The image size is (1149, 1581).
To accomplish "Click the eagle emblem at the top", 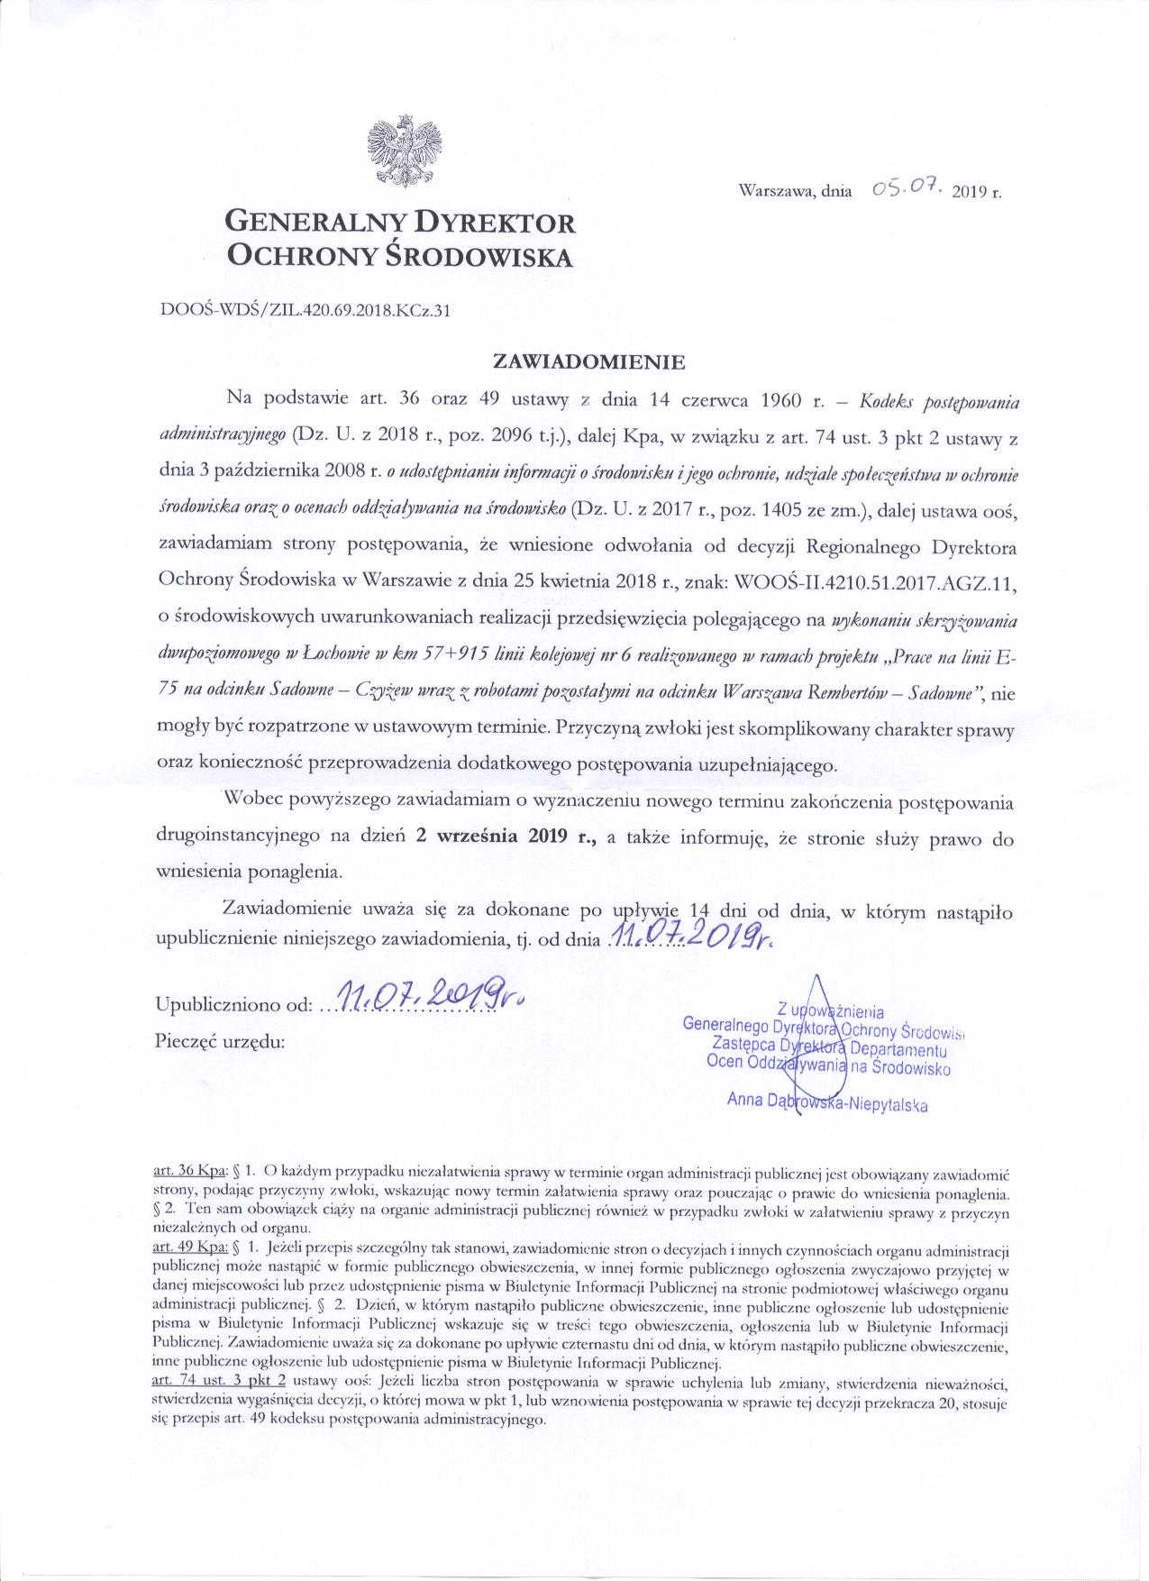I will pyautogui.click(x=406, y=149).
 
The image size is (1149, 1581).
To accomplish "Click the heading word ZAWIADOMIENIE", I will pyautogui.click(x=588, y=362).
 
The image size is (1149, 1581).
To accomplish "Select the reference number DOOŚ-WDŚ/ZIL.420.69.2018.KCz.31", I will pyautogui.click(x=305, y=311).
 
